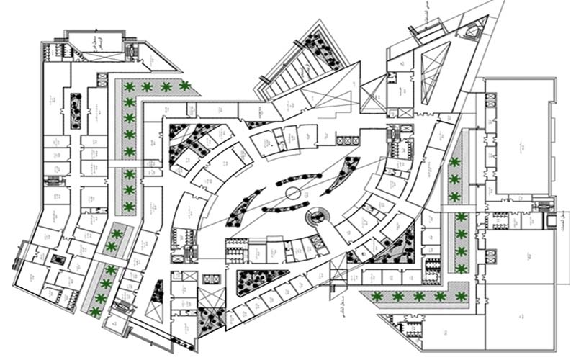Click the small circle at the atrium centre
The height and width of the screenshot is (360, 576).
[293, 193]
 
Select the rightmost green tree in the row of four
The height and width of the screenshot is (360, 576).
[185, 86]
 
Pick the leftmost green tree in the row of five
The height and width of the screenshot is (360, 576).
[376, 296]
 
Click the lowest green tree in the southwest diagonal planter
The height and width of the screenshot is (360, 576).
[95, 311]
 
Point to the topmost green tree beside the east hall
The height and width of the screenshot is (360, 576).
[454, 162]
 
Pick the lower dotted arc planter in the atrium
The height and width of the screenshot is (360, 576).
[287, 208]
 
